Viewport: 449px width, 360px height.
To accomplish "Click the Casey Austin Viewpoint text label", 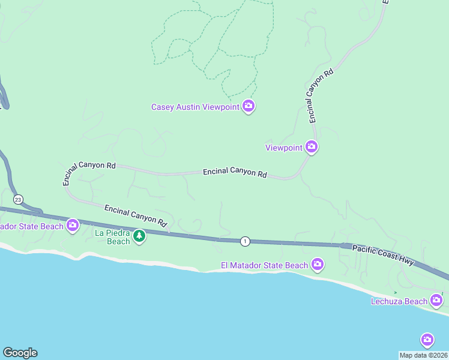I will coord(194,107).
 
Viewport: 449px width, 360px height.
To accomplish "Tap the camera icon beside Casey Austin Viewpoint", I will coord(249,107).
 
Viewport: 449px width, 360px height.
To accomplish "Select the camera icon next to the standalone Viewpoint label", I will coord(311,146).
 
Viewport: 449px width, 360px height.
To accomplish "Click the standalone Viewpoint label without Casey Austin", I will coord(284,147).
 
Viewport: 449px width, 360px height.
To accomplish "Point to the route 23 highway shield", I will coord(18,199).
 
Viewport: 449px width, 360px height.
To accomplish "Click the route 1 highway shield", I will coord(245,241).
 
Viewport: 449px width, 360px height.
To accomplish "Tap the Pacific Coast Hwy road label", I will coord(383,254).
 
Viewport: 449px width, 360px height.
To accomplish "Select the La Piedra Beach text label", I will coord(113,237).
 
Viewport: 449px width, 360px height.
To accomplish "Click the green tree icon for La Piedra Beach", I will coord(139,236).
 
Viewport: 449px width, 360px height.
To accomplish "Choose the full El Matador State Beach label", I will coord(264,265).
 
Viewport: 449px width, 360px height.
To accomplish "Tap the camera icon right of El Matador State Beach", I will coord(318,265).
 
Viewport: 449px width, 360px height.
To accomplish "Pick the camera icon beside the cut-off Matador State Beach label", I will coord(73,226).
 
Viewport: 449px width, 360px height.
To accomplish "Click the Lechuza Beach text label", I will coord(399,301).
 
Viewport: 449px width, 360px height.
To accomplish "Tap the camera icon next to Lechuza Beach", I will coord(437,300).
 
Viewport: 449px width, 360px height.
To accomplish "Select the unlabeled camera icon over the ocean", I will coord(427,340).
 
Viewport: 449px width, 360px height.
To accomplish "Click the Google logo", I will coord(20,353).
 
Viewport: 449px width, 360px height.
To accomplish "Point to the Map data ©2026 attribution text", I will coord(424,355).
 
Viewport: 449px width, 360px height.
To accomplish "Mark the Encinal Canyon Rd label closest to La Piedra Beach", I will coord(135,215).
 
